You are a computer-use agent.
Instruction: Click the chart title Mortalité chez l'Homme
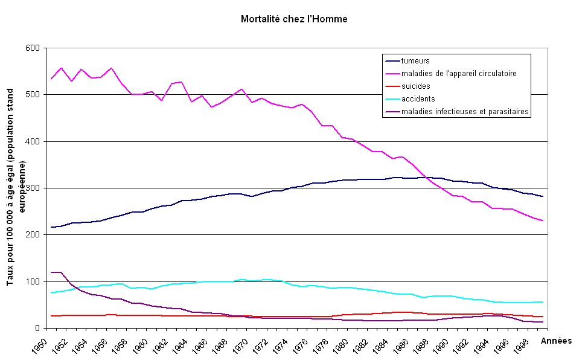(294, 19)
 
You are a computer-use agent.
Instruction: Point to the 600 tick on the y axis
(33, 48)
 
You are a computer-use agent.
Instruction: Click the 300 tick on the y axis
(33, 188)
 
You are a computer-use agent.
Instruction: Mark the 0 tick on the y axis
(37, 329)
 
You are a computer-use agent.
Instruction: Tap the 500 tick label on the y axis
(33, 95)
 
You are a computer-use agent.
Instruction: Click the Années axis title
(556, 341)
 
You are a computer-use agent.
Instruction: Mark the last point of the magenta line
(543, 220)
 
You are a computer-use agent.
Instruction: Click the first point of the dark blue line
(51, 227)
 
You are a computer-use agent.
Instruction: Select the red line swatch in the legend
(392, 86)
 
